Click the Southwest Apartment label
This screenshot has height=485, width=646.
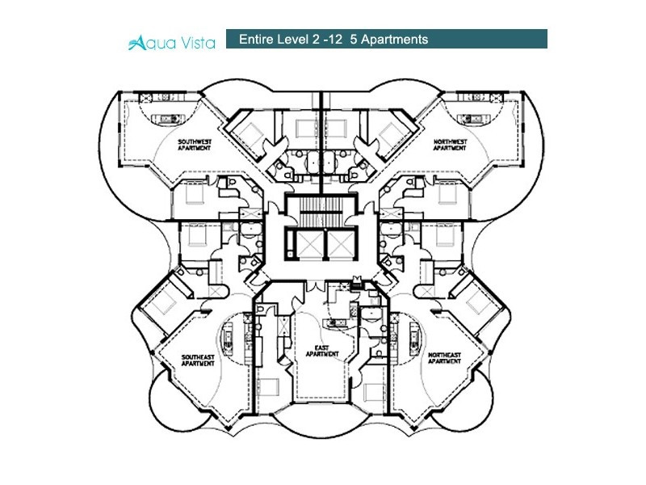pyautogui.click(x=195, y=145)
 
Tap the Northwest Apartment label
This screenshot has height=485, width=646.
pyautogui.click(x=450, y=145)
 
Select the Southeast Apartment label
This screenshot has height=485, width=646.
pyautogui.click(x=198, y=361)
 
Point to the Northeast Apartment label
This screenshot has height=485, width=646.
pyautogui.click(x=445, y=358)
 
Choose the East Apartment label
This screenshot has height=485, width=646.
pyautogui.click(x=322, y=351)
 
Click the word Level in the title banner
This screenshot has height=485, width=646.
pyautogui.click(x=292, y=39)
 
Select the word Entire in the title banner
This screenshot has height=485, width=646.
pyautogui.click(x=256, y=39)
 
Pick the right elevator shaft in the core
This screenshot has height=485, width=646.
pyautogui.click(x=341, y=245)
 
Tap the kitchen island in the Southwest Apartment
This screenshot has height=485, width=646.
pyautogui.click(x=168, y=119)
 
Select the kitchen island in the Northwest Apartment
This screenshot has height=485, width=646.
pyautogui.click(x=474, y=119)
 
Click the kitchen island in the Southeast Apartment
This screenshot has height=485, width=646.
pyautogui.click(x=227, y=336)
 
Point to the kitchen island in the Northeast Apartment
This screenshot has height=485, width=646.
pyautogui.click(x=414, y=336)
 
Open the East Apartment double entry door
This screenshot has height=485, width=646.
pyautogui.click(x=315, y=285)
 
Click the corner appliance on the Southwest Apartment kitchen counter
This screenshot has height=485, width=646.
pyautogui.click(x=146, y=98)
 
